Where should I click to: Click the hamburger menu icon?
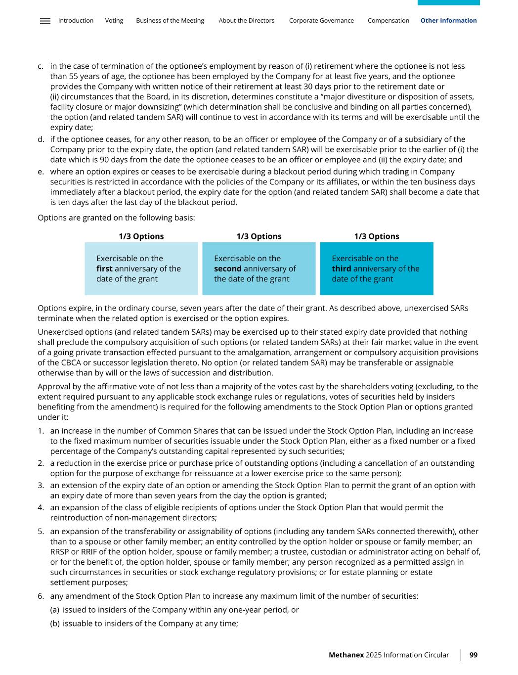click(45, 21)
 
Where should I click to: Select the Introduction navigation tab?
click(76, 21)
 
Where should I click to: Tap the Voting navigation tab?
click(114, 21)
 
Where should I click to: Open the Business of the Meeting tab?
click(170, 21)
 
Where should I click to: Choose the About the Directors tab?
click(247, 21)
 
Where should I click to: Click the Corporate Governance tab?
click(321, 21)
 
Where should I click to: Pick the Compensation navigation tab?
click(388, 21)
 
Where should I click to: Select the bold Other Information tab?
click(449, 21)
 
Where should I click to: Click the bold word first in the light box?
click(104, 269)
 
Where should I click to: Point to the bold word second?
click(227, 269)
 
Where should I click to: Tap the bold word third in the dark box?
click(341, 269)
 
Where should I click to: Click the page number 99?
click(474, 655)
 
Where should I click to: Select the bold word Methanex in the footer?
click(346, 655)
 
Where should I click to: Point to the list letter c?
click(40, 66)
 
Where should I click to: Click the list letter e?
click(40, 172)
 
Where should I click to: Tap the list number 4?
click(40, 507)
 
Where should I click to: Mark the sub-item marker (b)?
click(55, 624)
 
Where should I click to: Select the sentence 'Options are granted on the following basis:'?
click(116, 217)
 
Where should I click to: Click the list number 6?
click(40, 596)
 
